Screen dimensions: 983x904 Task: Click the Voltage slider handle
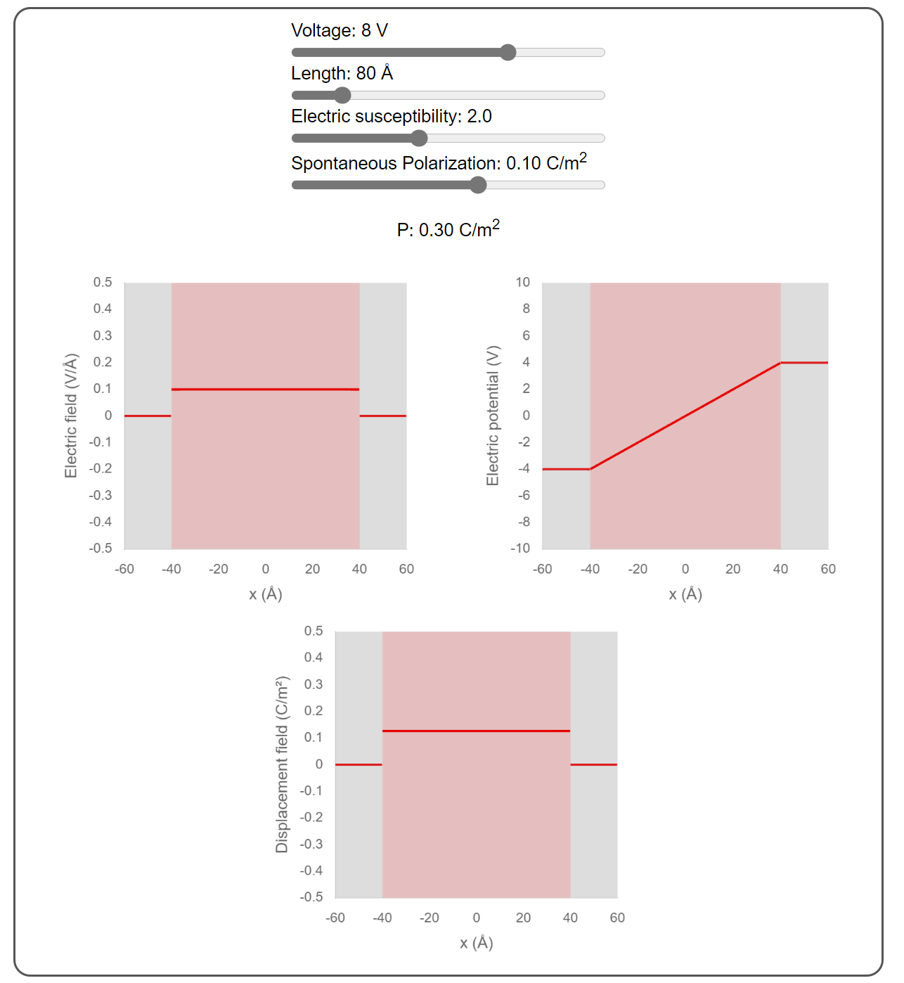click(x=508, y=53)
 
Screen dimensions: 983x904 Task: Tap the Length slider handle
click(x=342, y=96)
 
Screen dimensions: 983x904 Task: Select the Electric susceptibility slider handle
click(x=419, y=139)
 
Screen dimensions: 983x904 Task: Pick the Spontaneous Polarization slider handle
click(x=478, y=185)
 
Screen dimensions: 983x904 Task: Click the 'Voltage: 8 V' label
click(x=340, y=31)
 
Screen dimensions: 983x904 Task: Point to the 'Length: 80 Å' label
click(x=342, y=74)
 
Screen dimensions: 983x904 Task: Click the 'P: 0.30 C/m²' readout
click(x=448, y=229)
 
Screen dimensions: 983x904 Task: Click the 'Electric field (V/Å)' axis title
click(x=71, y=416)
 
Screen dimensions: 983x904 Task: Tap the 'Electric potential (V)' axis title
click(x=493, y=416)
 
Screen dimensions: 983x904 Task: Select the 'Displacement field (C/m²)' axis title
click(x=282, y=764)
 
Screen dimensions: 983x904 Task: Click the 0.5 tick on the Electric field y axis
click(x=103, y=283)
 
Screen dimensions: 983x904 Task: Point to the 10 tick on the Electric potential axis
click(x=522, y=283)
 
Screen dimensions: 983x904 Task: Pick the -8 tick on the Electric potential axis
click(x=524, y=522)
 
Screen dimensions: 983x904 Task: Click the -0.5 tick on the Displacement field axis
click(x=311, y=897)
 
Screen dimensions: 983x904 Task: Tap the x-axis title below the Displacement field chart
click(x=477, y=943)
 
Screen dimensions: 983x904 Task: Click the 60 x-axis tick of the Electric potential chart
click(x=828, y=569)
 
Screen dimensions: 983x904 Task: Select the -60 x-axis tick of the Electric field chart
click(x=124, y=569)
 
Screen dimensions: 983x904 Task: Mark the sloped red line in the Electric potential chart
click(x=685, y=416)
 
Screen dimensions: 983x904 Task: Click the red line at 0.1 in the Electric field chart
click(x=266, y=389)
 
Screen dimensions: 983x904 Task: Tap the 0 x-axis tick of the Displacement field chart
click(x=477, y=918)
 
